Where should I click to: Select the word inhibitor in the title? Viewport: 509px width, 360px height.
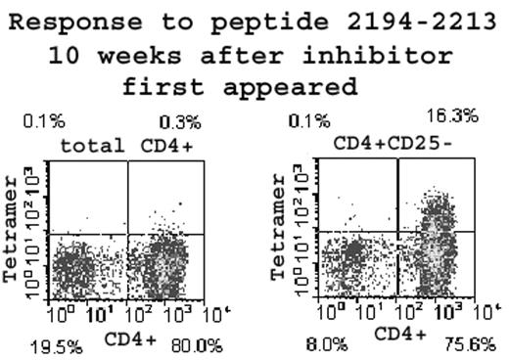click(x=391, y=53)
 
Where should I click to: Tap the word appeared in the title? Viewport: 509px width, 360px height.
click(x=303, y=86)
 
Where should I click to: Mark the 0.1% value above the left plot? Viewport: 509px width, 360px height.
click(x=43, y=122)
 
